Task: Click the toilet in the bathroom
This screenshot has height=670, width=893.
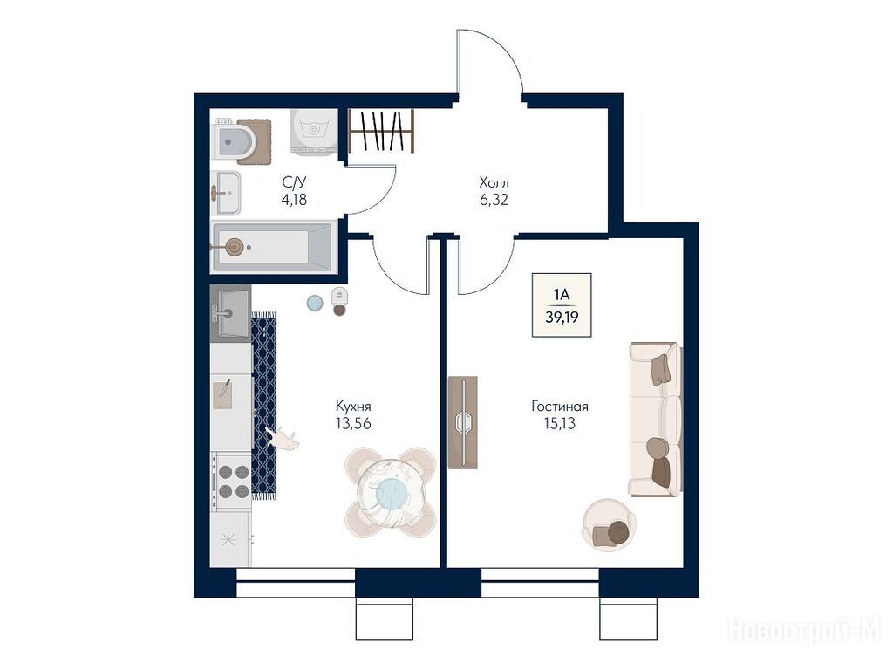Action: pyautogui.click(x=235, y=140)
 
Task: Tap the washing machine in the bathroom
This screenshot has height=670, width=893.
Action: pyautogui.click(x=314, y=132)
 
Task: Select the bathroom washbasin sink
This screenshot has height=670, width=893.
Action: pyautogui.click(x=226, y=193)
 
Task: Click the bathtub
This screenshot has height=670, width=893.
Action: pyautogui.click(x=272, y=247)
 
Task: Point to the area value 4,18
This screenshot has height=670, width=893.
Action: pyautogui.click(x=294, y=200)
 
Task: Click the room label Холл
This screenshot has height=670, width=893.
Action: pyautogui.click(x=494, y=183)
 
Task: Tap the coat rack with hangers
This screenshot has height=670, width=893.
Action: pyautogui.click(x=381, y=131)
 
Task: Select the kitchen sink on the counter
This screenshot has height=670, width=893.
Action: pyautogui.click(x=230, y=313)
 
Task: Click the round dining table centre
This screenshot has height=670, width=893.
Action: pyautogui.click(x=391, y=492)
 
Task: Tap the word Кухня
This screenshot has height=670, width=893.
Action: pyautogui.click(x=353, y=407)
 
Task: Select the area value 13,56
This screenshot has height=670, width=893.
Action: pyautogui.click(x=353, y=423)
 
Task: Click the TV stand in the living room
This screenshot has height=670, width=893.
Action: pyautogui.click(x=462, y=422)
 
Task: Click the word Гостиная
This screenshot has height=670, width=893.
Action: pyautogui.click(x=560, y=407)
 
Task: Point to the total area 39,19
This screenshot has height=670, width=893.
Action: pyautogui.click(x=562, y=318)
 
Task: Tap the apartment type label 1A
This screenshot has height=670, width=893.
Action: pyautogui.click(x=562, y=295)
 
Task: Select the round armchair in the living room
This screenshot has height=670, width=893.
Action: pyautogui.click(x=609, y=524)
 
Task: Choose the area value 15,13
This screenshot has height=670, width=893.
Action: pyautogui.click(x=560, y=423)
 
